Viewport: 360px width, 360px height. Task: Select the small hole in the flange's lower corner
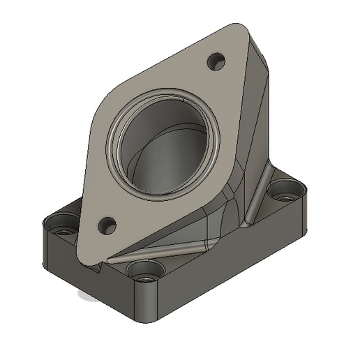click(x=107, y=225)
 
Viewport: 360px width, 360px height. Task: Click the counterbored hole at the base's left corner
click(x=58, y=227)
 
